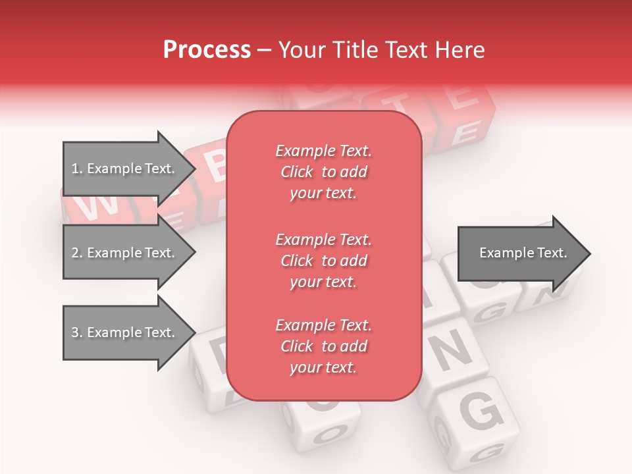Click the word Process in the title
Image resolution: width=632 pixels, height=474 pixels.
coord(207,50)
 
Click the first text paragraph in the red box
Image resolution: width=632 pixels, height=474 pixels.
coord(323,172)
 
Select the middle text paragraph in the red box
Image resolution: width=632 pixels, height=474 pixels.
coord(323,261)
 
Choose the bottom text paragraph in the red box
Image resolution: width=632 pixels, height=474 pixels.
coord(323,346)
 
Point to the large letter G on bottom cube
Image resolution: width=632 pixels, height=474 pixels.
coord(481,413)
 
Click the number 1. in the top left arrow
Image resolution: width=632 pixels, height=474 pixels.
coord(77,169)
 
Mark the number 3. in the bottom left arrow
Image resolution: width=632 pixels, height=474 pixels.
coord(77,332)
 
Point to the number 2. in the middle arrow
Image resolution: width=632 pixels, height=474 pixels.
coord(77,253)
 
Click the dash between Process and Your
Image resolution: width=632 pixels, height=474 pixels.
coord(264,50)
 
